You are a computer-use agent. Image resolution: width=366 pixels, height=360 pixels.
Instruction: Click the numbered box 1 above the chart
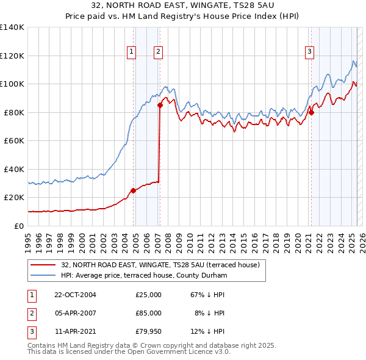pyautogui.click(x=131, y=52)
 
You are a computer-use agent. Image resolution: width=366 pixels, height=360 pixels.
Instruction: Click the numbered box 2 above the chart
pyautogui.click(x=158, y=52)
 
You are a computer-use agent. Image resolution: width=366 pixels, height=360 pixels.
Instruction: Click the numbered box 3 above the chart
pyautogui.click(x=310, y=52)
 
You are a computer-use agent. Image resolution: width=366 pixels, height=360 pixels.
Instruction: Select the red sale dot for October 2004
pyautogui.click(x=133, y=190)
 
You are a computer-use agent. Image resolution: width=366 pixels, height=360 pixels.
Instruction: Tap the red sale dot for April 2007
pyautogui.click(x=160, y=105)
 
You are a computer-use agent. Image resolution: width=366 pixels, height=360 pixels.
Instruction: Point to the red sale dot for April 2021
pyautogui.click(x=310, y=112)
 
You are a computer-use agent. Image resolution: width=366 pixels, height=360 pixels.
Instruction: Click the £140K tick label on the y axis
pyautogui.click(x=12, y=27)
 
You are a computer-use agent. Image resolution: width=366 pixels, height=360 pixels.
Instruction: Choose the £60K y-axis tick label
pyautogui.click(x=14, y=140)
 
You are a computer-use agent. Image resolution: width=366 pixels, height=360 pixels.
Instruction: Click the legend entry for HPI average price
pyautogui.click(x=144, y=275)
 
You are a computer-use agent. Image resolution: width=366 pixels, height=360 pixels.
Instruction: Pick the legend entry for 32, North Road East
pyautogui.click(x=160, y=265)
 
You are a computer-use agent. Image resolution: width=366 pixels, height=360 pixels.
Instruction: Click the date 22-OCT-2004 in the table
pyautogui.click(x=75, y=295)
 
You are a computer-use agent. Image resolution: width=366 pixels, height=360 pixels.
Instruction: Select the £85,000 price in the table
pyautogui.click(x=148, y=313)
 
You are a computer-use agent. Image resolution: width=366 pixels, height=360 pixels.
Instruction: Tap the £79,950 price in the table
pyautogui.click(x=148, y=331)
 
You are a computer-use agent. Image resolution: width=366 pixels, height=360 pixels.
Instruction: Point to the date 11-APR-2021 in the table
pyautogui.click(x=75, y=331)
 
